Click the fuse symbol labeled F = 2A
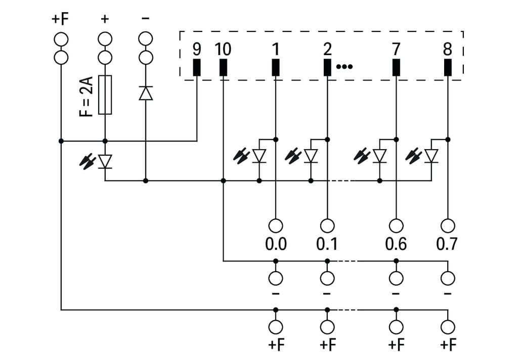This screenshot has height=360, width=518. pyautogui.click(x=105, y=95)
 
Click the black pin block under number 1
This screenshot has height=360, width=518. pyautogui.click(x=276, y=68)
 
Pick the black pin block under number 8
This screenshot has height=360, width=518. pyautogui.click(x=448, y=68)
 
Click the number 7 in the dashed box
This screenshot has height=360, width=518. pyautogui.click(x=396, y=50)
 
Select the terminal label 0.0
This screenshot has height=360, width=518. pyautogui.click(x=276, y=244)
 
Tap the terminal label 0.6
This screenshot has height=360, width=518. pyautogui.click(x=396, y=244)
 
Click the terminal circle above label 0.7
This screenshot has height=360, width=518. pyautogui.click(x=448, y=225)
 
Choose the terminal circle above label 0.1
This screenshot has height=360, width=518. pyautogui.click(x=327, y=225)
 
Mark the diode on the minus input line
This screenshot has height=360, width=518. pyautogui.click(x=146, y=93)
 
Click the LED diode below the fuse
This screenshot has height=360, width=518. pyautogui.click(x=105, y=161)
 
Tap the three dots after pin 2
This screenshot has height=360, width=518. pyautogui.click(x=344, y=67)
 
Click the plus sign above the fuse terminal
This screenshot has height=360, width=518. pyautogui.click(x=105, y=19)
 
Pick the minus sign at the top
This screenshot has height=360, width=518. pyautogui.click(x=146, y=19)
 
